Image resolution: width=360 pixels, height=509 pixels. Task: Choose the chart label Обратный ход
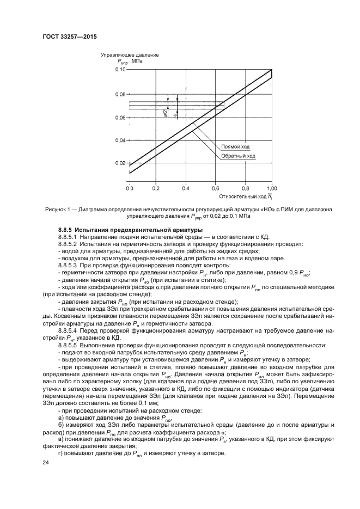[238, 156]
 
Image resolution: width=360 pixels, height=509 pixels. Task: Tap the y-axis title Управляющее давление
[130, 56]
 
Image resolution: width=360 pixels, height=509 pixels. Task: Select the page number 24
[46, 462]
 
